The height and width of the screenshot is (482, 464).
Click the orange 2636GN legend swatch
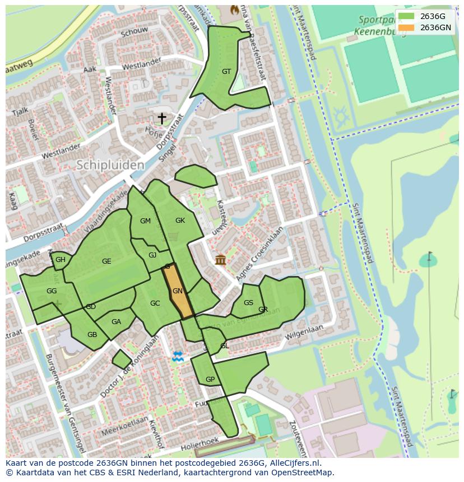point(406,27)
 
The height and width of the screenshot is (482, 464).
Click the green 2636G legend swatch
point(406,16)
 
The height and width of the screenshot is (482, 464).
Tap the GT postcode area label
point(226,72)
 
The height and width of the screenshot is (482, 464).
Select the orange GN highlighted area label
point(178,291)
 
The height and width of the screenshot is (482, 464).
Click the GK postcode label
point(180,221)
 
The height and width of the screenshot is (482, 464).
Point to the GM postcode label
point(145,221)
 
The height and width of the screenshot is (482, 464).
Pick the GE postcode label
point(106,261)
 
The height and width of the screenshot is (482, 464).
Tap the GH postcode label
point(61,260)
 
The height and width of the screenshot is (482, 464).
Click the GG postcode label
point(52,291)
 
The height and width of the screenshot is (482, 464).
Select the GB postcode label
point(92,335)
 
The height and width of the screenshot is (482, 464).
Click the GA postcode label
point(116,322)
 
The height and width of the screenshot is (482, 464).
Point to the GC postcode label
point(155,303)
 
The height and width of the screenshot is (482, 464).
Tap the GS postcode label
point(249,303)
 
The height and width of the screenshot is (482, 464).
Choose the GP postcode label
point(210,380)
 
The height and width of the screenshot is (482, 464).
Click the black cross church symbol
point(161,118)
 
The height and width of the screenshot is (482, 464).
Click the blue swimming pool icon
point(178,357)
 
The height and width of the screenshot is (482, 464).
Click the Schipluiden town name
point(110,165)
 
